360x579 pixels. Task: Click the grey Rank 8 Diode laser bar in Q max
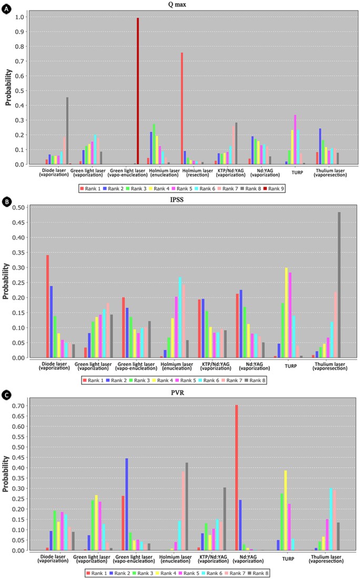(67, 131)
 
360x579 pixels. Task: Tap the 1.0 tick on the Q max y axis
(21, 17)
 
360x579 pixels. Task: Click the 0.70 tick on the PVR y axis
(20, 405)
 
